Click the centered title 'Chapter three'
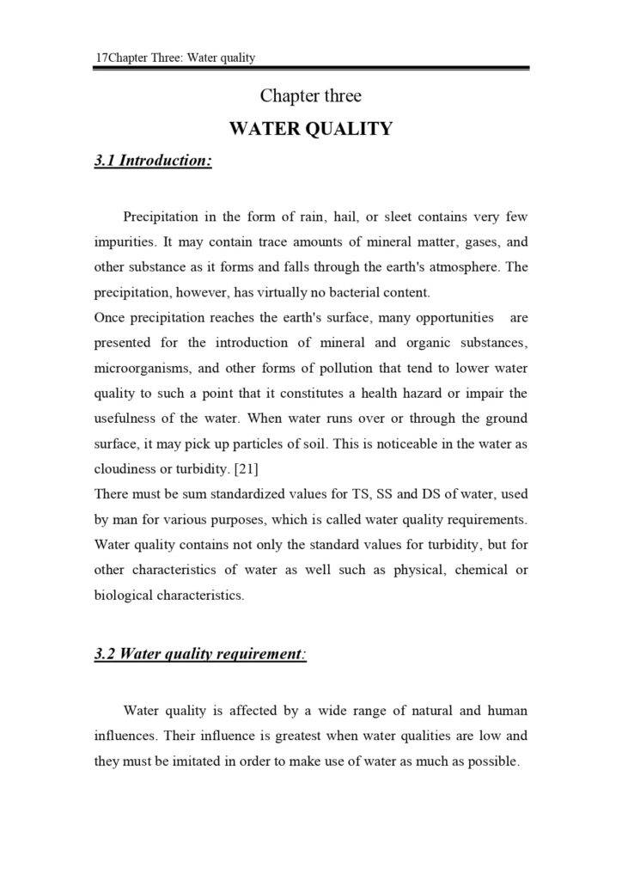click(310, 95)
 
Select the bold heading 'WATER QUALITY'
click(310, 129)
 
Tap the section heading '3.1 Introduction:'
click(153, 161)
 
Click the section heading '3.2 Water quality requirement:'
click(200, 654)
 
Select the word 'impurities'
click(124, 241)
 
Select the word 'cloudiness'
click(125, 469)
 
